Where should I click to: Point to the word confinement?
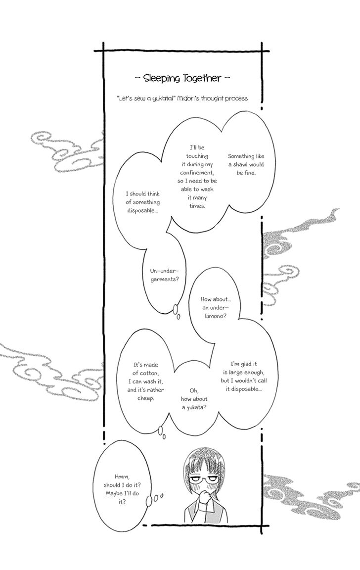coord(197,173)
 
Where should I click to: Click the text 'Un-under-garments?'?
coord(165,275)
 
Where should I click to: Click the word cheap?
coord(146,398)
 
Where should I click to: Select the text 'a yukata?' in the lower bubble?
coord(194,407)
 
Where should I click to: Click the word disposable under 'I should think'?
coord(142,210)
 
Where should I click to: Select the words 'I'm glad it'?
coord(243,364)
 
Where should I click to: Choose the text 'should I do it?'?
coord(122,485)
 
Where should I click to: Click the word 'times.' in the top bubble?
coord(197,206)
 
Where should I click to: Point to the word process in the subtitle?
coord(236,98)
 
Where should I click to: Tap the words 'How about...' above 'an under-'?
coord(216,299)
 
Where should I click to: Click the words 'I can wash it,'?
coord(146,381)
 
